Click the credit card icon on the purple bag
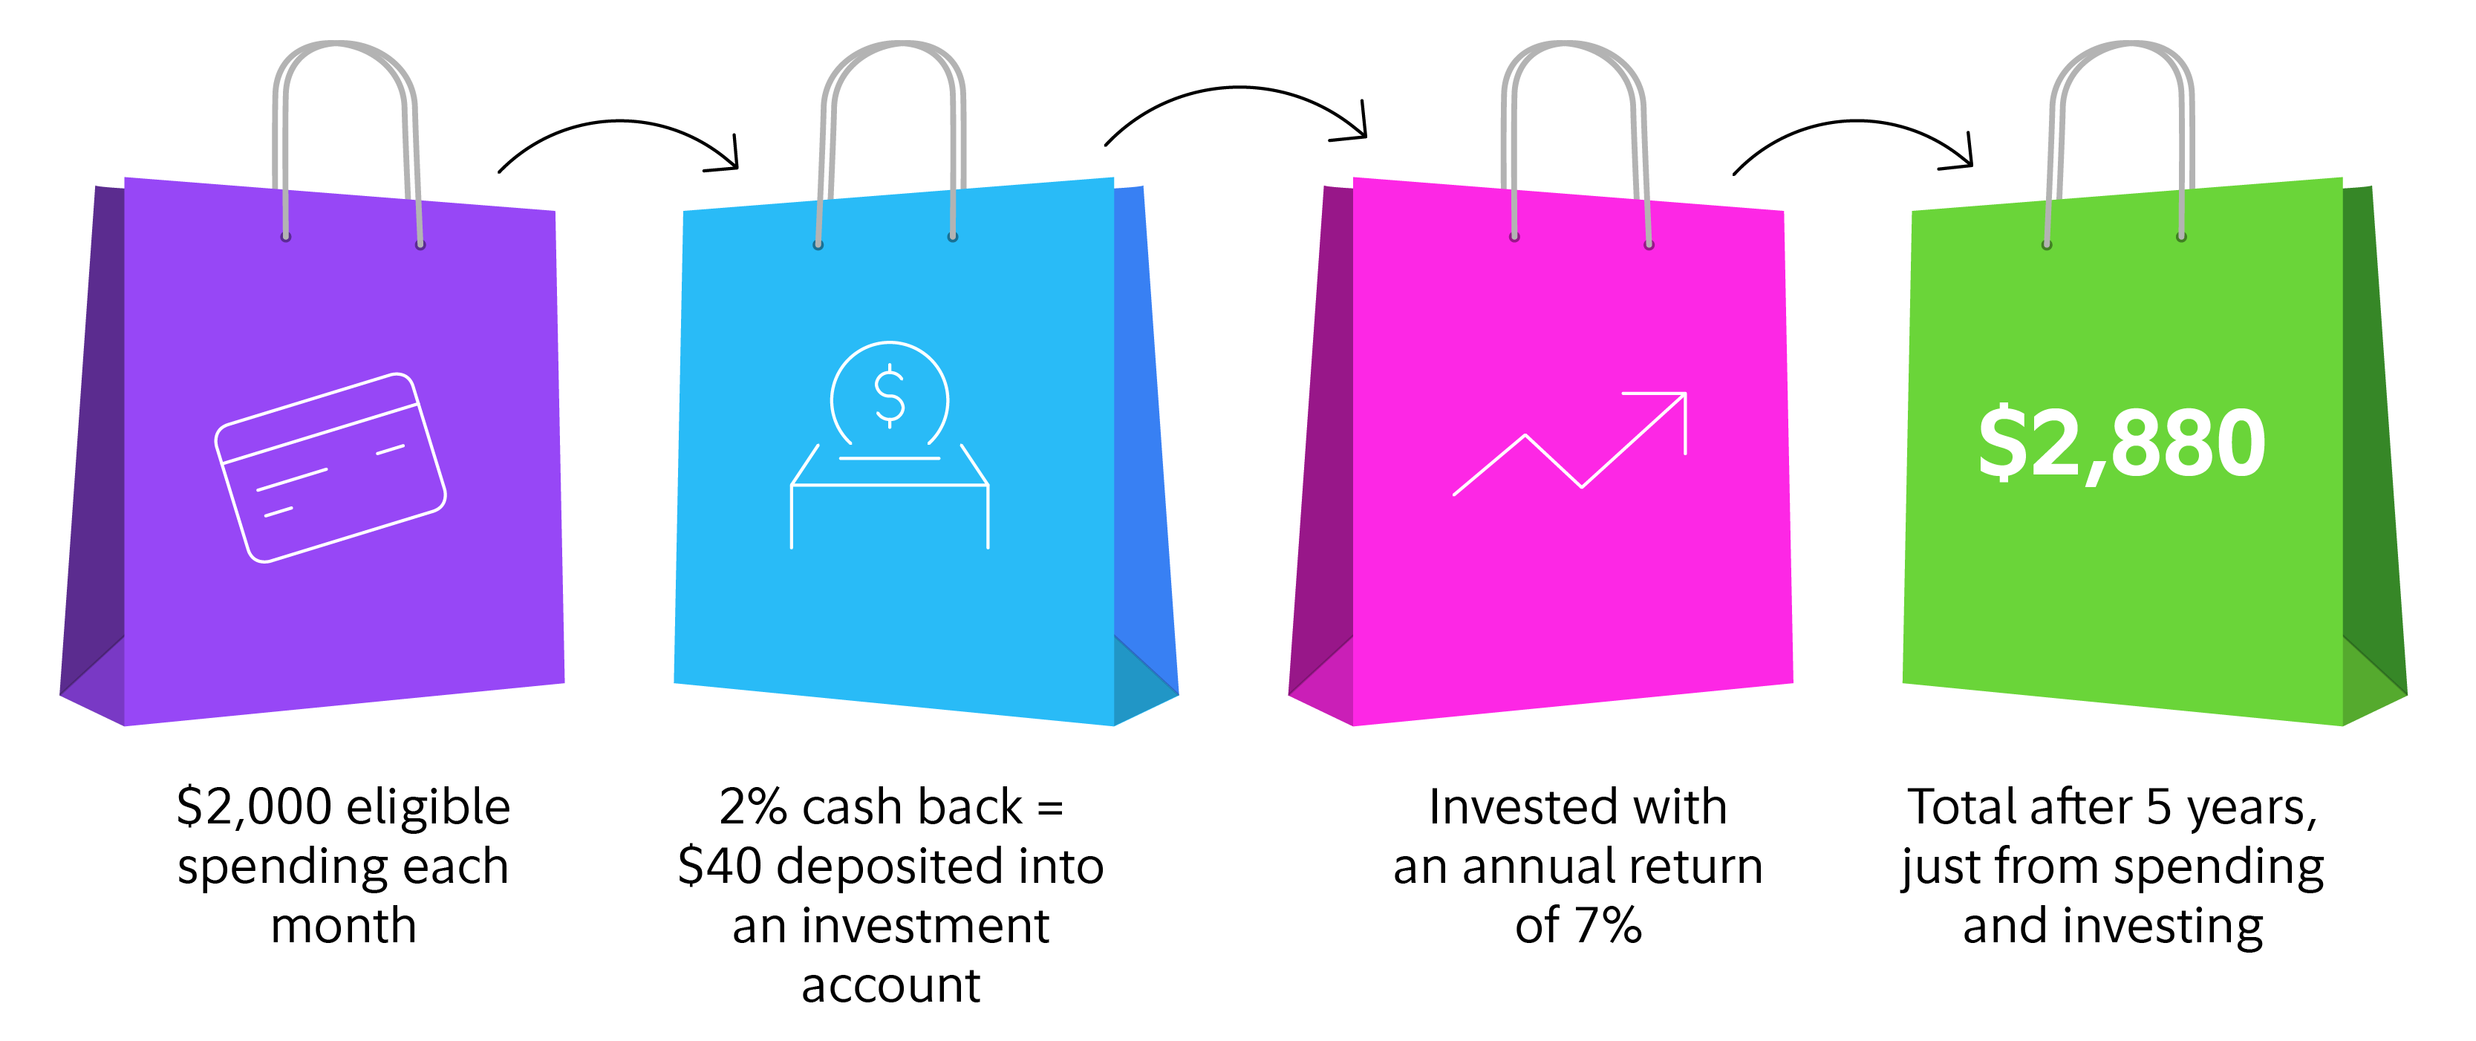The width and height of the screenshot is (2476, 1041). point(330,467)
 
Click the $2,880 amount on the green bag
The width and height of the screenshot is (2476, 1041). point(2121,444)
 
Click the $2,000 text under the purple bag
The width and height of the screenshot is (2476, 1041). point(254,807)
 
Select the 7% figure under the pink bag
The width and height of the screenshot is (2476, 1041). point(1607,927)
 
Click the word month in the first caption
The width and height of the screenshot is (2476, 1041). point(343,927)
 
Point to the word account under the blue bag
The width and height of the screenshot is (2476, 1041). point(891,986)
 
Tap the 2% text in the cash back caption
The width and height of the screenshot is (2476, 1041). point(752,807)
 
